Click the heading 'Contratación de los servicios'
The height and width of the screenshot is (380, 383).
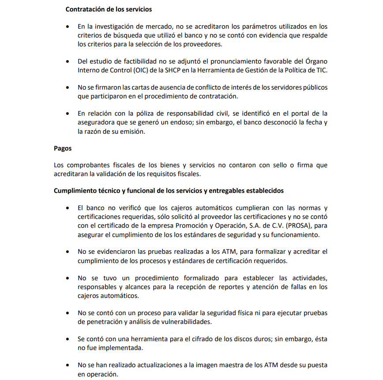tap(109, 9)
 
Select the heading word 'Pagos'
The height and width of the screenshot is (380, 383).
tap(63, 149)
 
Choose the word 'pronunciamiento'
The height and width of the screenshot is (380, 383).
tap(226, 61)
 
